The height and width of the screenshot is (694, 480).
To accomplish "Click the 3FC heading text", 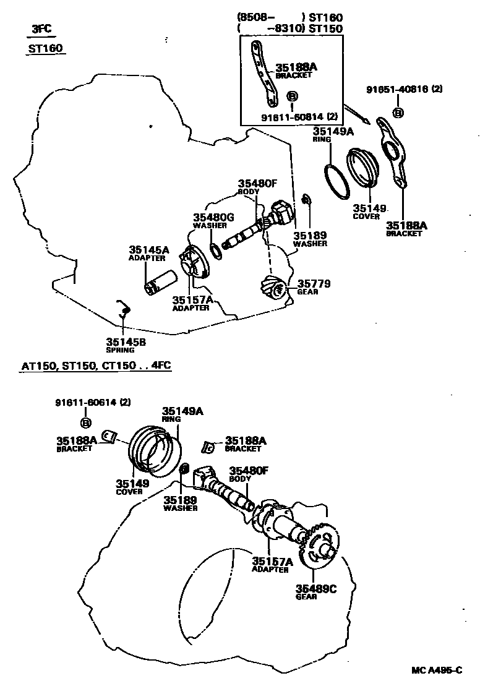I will click(43, 29).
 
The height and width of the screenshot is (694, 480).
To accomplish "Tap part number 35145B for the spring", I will click(126, 341).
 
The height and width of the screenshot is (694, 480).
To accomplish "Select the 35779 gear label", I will click(315, 284).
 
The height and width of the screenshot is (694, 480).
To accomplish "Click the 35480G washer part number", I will click(213, 217).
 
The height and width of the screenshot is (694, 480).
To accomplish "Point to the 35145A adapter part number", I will click(149, 250).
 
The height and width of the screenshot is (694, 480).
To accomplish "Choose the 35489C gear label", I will click(315, 588).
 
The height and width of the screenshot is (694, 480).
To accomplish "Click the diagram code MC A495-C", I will click(437, 670).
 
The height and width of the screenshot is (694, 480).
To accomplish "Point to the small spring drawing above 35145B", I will click(124, 307).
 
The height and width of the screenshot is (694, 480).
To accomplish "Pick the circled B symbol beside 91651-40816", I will click(398, 113).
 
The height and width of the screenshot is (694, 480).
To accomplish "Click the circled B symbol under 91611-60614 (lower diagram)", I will click(86, 423).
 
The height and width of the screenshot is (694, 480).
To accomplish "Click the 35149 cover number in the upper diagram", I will click(369, 208).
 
